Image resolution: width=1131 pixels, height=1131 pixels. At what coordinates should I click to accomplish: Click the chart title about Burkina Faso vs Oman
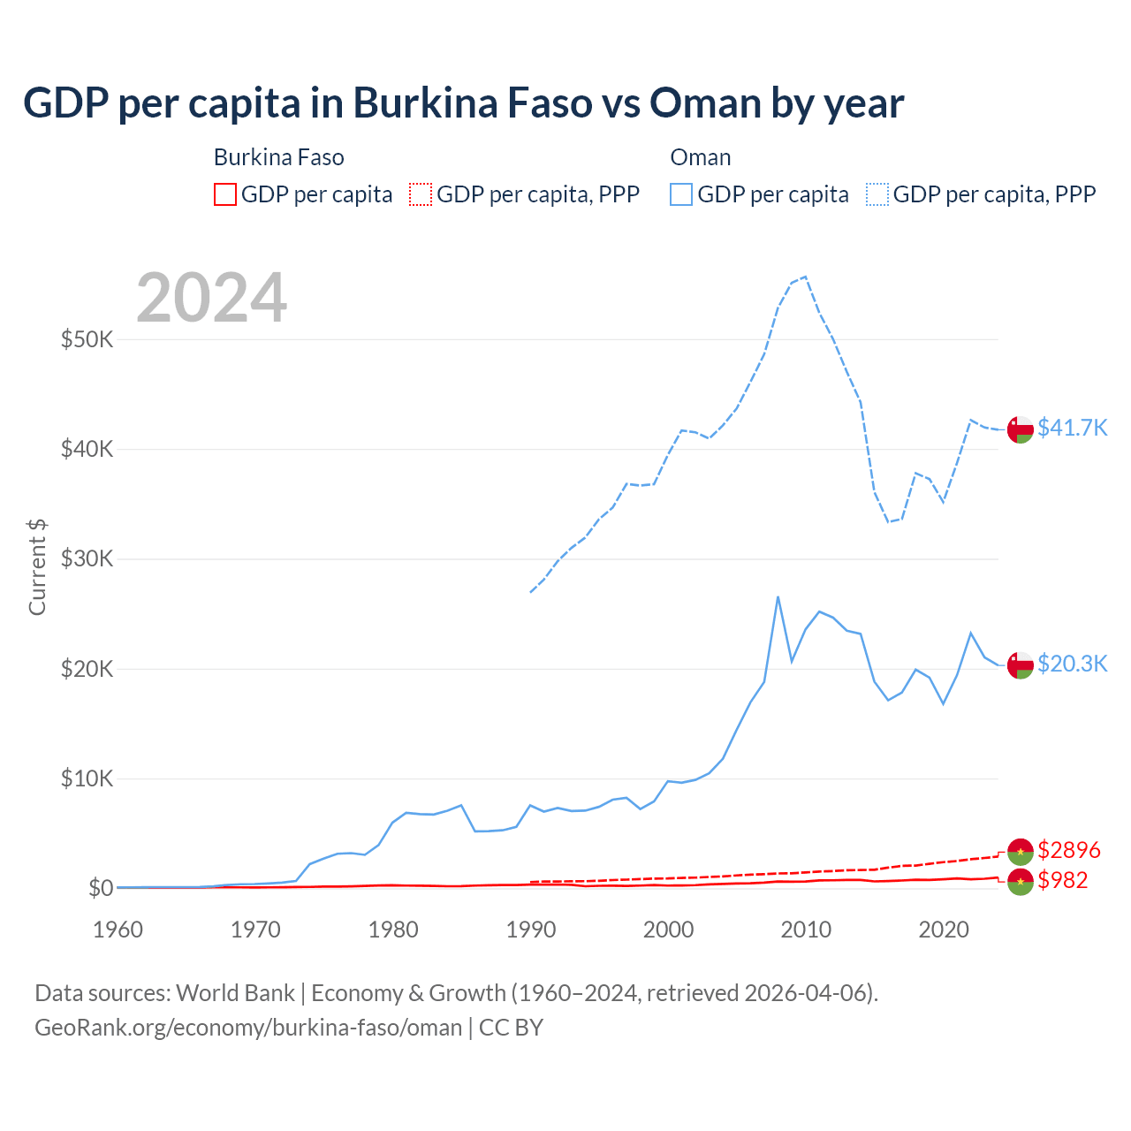(463, 103)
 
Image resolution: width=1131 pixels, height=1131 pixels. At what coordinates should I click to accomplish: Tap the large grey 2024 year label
(211, 298)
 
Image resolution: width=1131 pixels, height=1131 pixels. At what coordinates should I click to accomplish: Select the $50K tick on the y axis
(87, 339)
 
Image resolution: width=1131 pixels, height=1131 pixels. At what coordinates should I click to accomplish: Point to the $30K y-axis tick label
(87, 558)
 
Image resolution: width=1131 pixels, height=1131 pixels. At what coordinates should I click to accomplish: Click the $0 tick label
(100, 888)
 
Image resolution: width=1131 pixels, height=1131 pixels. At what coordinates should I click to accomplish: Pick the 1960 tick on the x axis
(118, 930)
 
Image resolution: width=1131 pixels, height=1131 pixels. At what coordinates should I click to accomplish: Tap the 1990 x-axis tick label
(530, 930)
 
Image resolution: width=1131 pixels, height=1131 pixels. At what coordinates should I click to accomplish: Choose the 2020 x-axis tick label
(944, 930)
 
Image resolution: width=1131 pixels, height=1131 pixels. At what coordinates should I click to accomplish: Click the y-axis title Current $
(37, 566)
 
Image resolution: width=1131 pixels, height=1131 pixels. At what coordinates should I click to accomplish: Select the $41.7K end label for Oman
(1072, 428)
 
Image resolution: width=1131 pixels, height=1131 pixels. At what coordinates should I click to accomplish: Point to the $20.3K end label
(1072, 664)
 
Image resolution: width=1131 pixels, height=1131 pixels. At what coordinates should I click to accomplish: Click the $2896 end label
(1069, 850)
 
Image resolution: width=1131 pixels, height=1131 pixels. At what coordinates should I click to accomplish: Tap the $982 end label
(1063, 880)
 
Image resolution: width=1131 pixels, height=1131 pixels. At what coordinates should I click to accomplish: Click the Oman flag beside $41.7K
(1021, 429)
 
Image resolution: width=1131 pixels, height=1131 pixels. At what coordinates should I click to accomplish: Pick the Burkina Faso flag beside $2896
(1021, 851)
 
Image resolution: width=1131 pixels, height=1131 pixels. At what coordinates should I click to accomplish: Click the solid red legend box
(225, 194)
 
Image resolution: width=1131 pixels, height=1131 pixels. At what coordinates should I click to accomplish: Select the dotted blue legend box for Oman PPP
(877, 194)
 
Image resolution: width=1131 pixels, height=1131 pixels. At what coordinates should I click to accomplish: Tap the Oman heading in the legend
(701, 157)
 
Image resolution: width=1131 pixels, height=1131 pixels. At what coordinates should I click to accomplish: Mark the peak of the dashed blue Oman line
(805, 277)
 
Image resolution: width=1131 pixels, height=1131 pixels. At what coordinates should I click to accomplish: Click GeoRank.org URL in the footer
(248, 1028)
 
